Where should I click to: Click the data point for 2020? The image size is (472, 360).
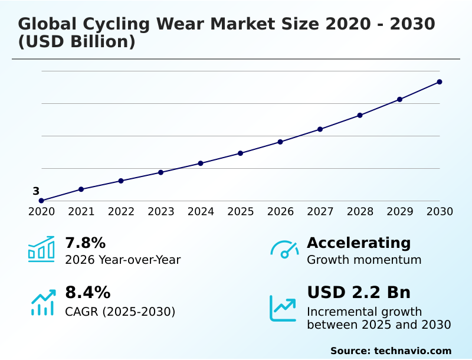click(41, 201)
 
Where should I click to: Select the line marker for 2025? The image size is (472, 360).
click(241, 153)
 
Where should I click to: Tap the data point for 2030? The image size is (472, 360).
click(440, 82)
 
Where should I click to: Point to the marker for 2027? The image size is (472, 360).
click(320, 129)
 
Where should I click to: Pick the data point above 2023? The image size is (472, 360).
click(161, 172)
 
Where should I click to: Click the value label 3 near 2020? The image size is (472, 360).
click(36, 191)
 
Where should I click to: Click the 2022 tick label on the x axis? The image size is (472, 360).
click(121, 212)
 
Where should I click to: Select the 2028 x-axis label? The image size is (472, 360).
click(360, 212)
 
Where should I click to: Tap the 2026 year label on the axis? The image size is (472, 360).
click(280, 212)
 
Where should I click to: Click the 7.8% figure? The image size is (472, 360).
click(85, 243)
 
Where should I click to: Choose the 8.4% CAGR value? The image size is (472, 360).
click(87, 293)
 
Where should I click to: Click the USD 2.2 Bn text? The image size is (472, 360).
click(359, 293)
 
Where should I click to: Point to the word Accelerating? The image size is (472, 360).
click(359, 243)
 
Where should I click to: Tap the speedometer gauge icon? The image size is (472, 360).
click(284, 249)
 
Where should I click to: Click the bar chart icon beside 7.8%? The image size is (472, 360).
click(41, 249)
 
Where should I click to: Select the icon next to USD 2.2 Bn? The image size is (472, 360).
click(283, 308)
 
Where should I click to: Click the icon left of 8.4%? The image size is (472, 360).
click(42, 302)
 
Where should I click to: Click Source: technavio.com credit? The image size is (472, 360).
click(391, 351)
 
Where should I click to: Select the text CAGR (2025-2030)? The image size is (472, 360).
click(120, 312)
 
